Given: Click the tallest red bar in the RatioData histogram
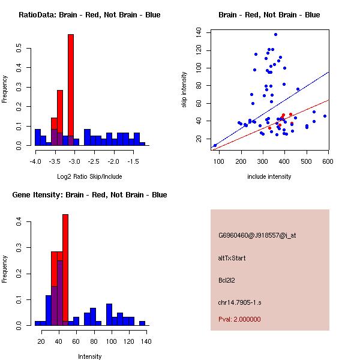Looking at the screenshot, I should [70, 90].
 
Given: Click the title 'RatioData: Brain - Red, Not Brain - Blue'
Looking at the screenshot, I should [89, 15].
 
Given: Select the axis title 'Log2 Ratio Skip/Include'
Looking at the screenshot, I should [89, 177].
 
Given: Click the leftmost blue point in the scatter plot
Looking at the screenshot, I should [215, 145].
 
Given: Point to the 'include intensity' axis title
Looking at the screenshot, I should [269, 177].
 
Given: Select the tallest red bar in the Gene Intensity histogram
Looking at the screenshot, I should [65, 270].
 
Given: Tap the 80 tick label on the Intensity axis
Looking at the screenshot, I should [93, 341].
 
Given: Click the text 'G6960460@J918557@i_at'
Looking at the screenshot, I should [257, 236].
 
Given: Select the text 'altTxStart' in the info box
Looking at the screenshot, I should [232, 258].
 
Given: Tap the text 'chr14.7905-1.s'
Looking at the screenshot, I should [238, 301].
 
